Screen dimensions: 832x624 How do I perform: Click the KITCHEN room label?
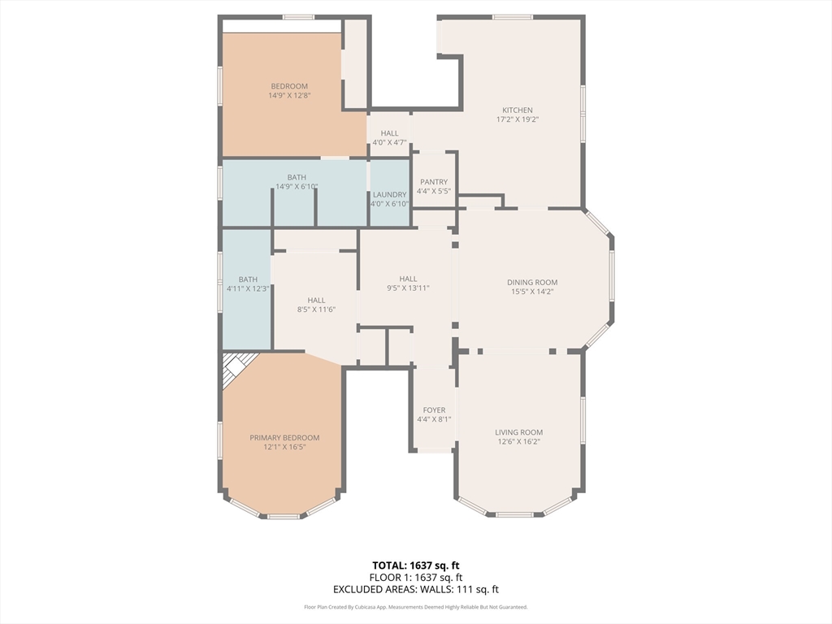point(518,110)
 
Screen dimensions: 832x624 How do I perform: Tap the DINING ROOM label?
point(532,283)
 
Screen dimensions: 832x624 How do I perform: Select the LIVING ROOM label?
point(518,432)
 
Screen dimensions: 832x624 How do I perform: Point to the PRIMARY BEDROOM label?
point(284,438)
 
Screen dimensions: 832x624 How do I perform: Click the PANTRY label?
point(434,182)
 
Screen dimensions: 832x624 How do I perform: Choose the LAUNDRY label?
point(389,195)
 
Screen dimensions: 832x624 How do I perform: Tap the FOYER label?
point(434,410)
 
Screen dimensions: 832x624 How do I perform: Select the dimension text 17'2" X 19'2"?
point(518,120)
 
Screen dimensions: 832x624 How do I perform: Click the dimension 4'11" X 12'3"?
point(248,288)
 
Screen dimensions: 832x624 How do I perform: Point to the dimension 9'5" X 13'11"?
point(408,288)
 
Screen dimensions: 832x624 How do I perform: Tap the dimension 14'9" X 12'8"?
point(289,96)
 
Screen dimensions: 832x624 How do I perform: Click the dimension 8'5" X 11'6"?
point(316,310)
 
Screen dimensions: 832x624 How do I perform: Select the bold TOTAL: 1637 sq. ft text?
point(415,565)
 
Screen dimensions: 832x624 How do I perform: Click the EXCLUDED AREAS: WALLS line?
point(416,590)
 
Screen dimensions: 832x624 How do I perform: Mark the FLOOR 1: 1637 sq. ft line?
point(416,578)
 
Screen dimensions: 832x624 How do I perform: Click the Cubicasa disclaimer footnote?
point(416,607)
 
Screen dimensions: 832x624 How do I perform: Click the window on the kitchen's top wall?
point(512,18)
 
